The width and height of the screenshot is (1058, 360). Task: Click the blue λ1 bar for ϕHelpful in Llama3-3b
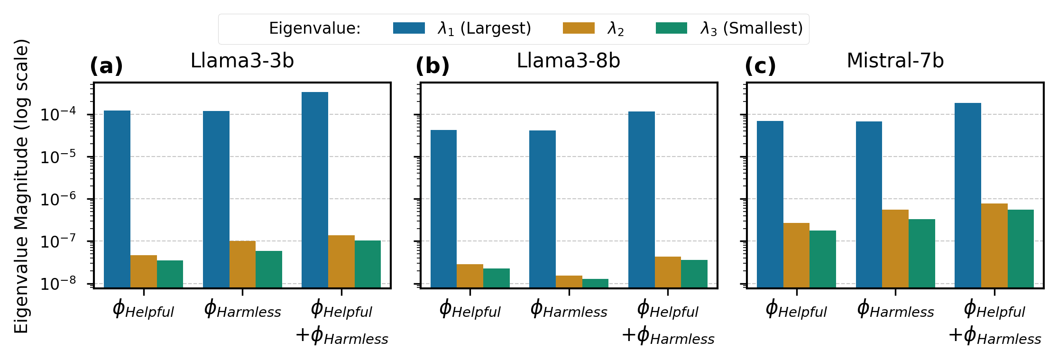117,199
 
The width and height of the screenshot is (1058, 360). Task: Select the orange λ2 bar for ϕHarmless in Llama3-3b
242,264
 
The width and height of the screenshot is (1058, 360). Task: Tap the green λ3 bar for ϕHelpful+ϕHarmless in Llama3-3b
368,264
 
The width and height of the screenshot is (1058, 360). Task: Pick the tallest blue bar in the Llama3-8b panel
641,199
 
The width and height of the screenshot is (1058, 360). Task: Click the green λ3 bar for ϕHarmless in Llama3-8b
595,283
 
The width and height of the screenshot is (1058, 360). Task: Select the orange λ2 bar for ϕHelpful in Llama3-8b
470,276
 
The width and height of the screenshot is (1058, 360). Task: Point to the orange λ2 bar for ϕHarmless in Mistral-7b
895,249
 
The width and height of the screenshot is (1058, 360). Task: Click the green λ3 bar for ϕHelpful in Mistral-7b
823,259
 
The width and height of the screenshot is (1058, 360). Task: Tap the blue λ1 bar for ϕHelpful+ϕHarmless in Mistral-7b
968,195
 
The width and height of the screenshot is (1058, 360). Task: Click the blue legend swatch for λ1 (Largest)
409,28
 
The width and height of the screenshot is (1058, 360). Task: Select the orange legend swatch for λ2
579,28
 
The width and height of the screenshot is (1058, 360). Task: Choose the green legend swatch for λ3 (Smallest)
672,28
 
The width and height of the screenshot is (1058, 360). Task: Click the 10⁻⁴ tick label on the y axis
57,114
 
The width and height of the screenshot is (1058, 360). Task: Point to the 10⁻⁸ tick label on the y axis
57,284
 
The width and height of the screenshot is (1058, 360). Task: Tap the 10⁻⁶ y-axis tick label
57,199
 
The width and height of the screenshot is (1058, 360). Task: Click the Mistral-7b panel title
895,61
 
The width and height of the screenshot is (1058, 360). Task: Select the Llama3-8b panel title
568,61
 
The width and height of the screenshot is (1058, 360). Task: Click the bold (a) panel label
106,65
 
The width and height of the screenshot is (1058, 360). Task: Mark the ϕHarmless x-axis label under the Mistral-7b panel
895,310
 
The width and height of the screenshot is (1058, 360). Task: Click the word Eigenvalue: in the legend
315,28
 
